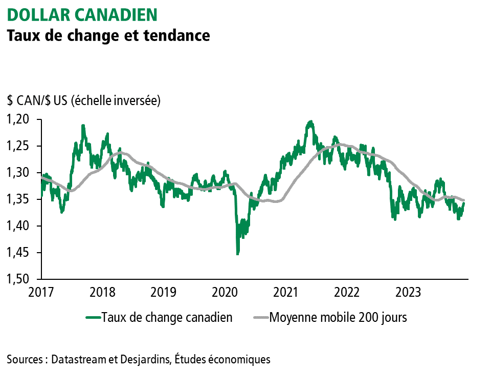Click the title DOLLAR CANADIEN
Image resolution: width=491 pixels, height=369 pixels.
click(82, 14)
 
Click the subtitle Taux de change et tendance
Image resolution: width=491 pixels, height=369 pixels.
click(108, 36)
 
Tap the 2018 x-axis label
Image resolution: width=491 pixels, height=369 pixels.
click(102, 292)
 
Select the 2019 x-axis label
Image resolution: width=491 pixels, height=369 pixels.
click(164, 292)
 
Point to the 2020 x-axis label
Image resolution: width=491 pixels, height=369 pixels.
click(225, 292)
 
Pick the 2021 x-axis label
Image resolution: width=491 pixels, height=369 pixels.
click(286, 292)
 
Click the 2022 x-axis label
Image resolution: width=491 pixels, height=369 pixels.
click(348, 292)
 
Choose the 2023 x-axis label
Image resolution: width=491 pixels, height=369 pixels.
click(409, 292)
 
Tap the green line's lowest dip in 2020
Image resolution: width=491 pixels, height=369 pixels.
click(237, 254)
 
